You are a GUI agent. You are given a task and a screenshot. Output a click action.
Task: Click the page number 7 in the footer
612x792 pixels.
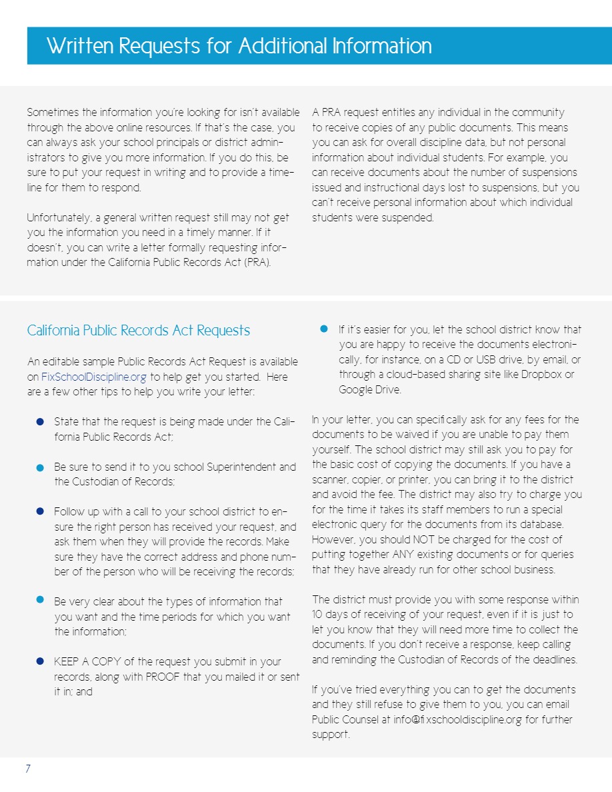(28, 769)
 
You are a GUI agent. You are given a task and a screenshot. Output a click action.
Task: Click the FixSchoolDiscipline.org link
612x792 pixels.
(93, 377)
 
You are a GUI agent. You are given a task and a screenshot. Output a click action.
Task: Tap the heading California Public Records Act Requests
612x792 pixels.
(139, 331)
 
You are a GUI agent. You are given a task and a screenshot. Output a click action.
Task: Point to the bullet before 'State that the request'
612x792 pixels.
(39, 422)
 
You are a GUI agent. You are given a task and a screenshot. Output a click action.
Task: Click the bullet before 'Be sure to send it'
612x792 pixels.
(39, 467)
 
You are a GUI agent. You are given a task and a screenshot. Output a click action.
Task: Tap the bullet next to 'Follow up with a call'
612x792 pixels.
(39, 512)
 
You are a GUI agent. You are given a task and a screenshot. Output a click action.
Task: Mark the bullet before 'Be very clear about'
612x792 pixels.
(39, 601)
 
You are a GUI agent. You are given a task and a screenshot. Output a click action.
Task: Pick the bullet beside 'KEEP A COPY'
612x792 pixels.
(39, 661)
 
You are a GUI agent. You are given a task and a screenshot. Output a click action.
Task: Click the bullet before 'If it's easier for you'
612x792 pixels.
(324, 329)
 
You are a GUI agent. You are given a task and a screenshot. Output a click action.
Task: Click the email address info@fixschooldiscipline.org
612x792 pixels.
(457, 720)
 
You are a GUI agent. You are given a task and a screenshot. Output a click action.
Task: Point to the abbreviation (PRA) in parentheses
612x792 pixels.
(257, 263)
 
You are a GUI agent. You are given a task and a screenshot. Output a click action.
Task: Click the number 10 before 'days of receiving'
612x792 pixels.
(318, 615)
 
